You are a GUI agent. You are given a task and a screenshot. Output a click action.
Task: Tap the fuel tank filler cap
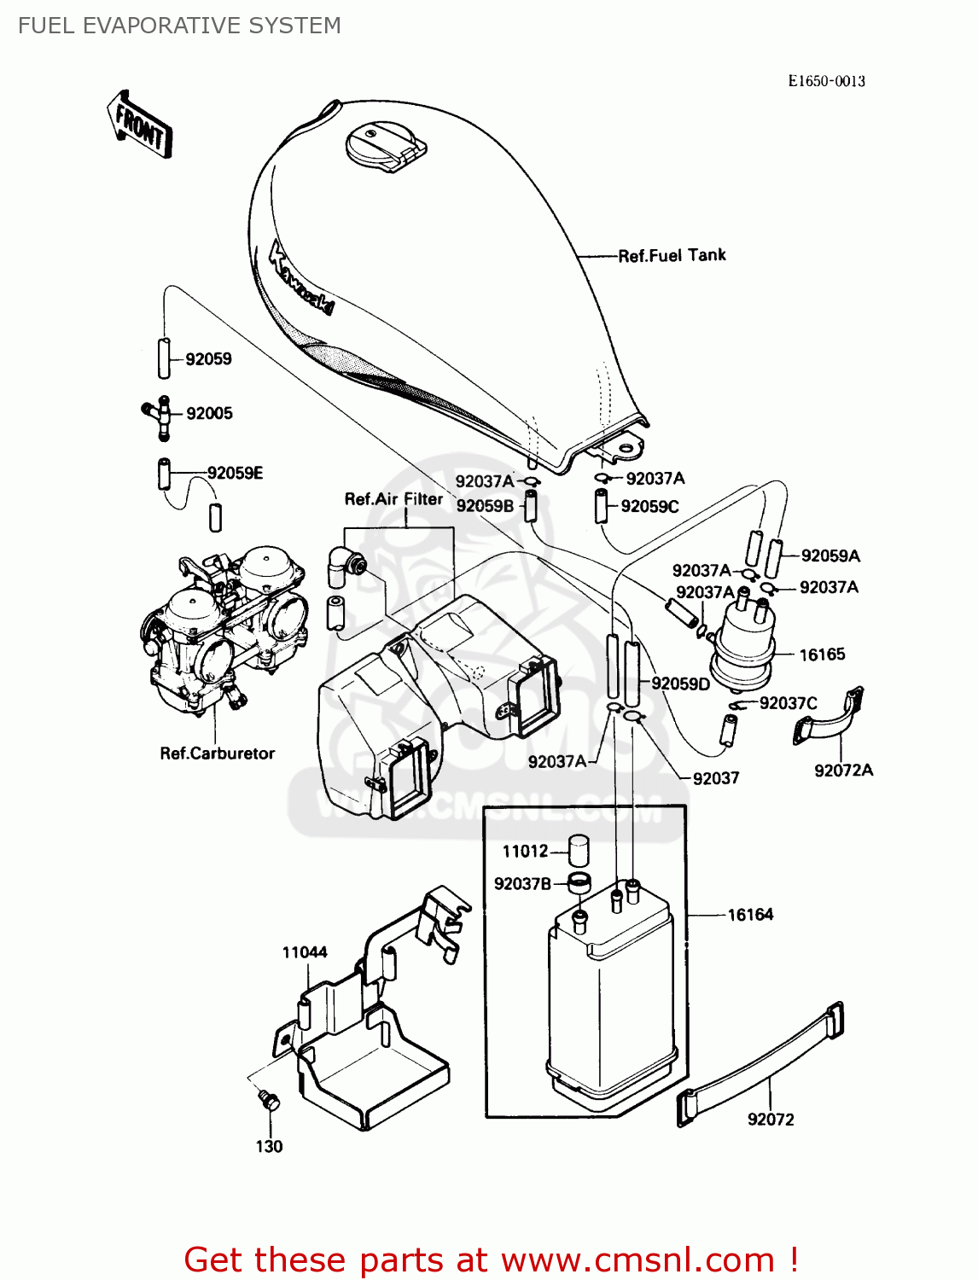[x=384, y=146]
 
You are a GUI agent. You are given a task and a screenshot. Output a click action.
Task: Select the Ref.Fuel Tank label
[x=672, y=255]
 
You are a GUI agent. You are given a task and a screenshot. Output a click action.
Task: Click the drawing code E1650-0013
[x=826, y=81]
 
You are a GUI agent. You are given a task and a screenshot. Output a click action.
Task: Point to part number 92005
[x=209, y=413]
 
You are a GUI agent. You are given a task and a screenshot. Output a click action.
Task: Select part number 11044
[x=305, y=951]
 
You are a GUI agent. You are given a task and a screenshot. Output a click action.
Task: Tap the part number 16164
[x=750, y=915]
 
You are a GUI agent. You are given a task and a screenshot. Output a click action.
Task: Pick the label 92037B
[x=522, y=884]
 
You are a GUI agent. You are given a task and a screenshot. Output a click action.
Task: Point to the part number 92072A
[x=843, y=770]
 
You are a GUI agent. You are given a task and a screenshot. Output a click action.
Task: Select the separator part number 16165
[x=822, y=655]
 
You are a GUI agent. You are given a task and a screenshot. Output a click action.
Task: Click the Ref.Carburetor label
[x=218, y=753]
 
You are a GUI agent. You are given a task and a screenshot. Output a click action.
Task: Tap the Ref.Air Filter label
[x=393, y=499]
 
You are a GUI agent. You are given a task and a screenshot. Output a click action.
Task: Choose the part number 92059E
[x=235, y=473]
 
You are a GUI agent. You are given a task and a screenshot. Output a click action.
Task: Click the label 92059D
[x=680, y=684]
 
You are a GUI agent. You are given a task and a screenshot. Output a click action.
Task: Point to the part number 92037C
[x=788, y=703]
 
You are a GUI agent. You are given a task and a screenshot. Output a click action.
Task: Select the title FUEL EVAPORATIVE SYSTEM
[x=179, y=26]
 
